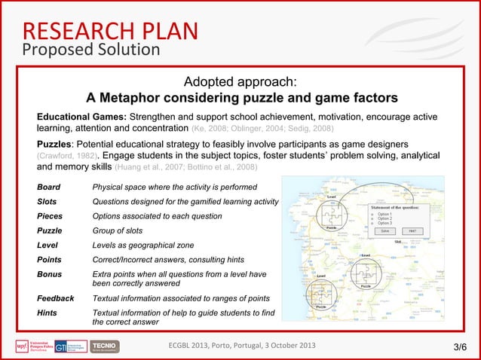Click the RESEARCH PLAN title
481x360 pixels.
[109, 30]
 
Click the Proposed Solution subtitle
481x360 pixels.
[90, 50]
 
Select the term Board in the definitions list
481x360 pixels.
[50, 187]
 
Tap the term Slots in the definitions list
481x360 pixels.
[48, 201]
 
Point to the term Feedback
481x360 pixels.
[56, 298]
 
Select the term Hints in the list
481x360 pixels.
[49, 313]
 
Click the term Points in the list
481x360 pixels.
[51, 261]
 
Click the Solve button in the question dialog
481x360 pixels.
[385, 231]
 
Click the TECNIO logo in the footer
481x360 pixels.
[104, 346]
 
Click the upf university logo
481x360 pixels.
[31, 346]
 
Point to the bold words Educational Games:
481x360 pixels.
[82, 117]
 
